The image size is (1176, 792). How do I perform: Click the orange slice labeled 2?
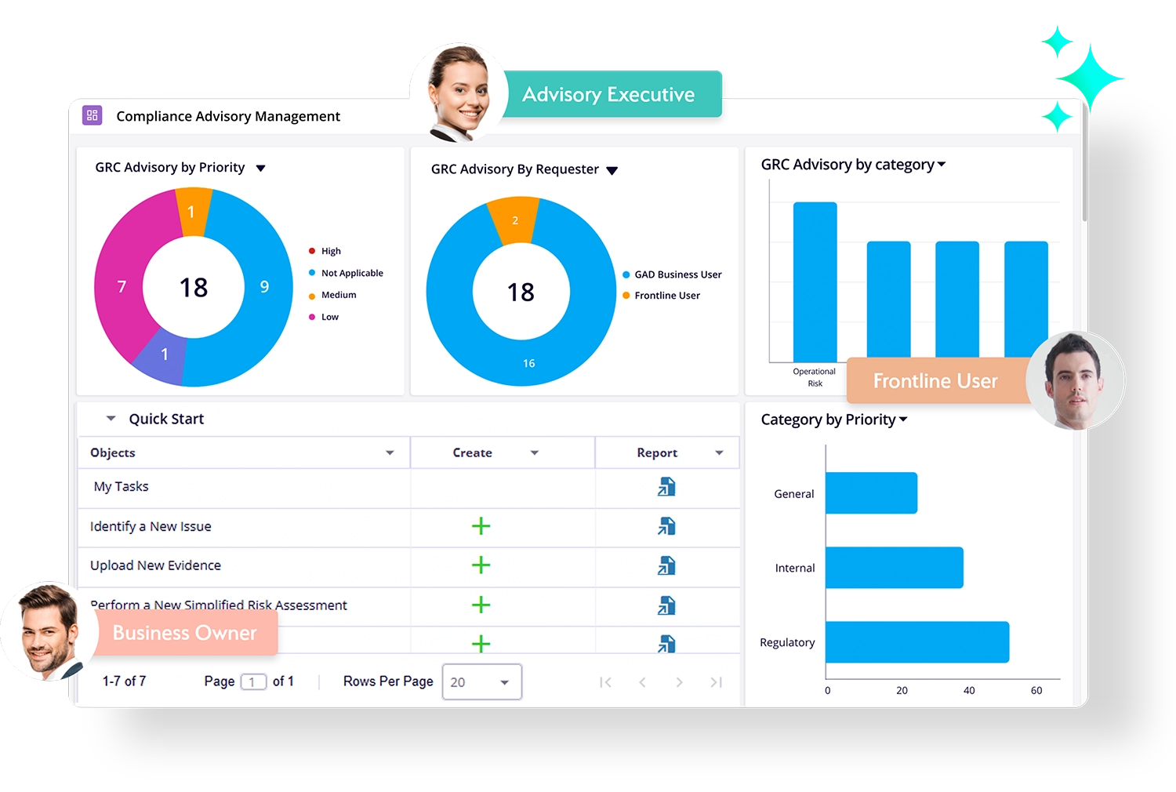pos(514,220)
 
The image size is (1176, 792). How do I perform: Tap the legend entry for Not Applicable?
pos(351,273)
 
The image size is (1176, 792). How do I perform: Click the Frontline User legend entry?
pos(666,296)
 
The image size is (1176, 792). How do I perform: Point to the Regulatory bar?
pos(916,642)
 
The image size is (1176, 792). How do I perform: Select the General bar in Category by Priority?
pos(871,493)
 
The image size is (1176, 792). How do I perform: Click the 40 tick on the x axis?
pos(969,691)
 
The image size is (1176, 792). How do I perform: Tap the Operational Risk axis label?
pos(815,377)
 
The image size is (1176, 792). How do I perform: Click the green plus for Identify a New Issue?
pos(481,526)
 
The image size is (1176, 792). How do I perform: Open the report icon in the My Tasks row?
pos(666,487)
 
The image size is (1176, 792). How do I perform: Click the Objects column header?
pos(113,452)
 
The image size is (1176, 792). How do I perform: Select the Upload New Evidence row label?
pos(155,565)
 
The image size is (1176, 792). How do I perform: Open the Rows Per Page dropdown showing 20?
pos(481,682)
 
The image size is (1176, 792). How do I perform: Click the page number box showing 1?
pos(252,682)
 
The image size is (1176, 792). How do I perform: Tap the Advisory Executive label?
pos(609,94)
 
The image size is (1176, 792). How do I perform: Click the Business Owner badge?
pos(185,633)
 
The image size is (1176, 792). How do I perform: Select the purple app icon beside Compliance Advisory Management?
pos(92,116)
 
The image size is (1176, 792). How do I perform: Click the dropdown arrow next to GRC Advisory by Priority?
pos(261,169)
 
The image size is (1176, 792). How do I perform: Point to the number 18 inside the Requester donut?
pos(521,292)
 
